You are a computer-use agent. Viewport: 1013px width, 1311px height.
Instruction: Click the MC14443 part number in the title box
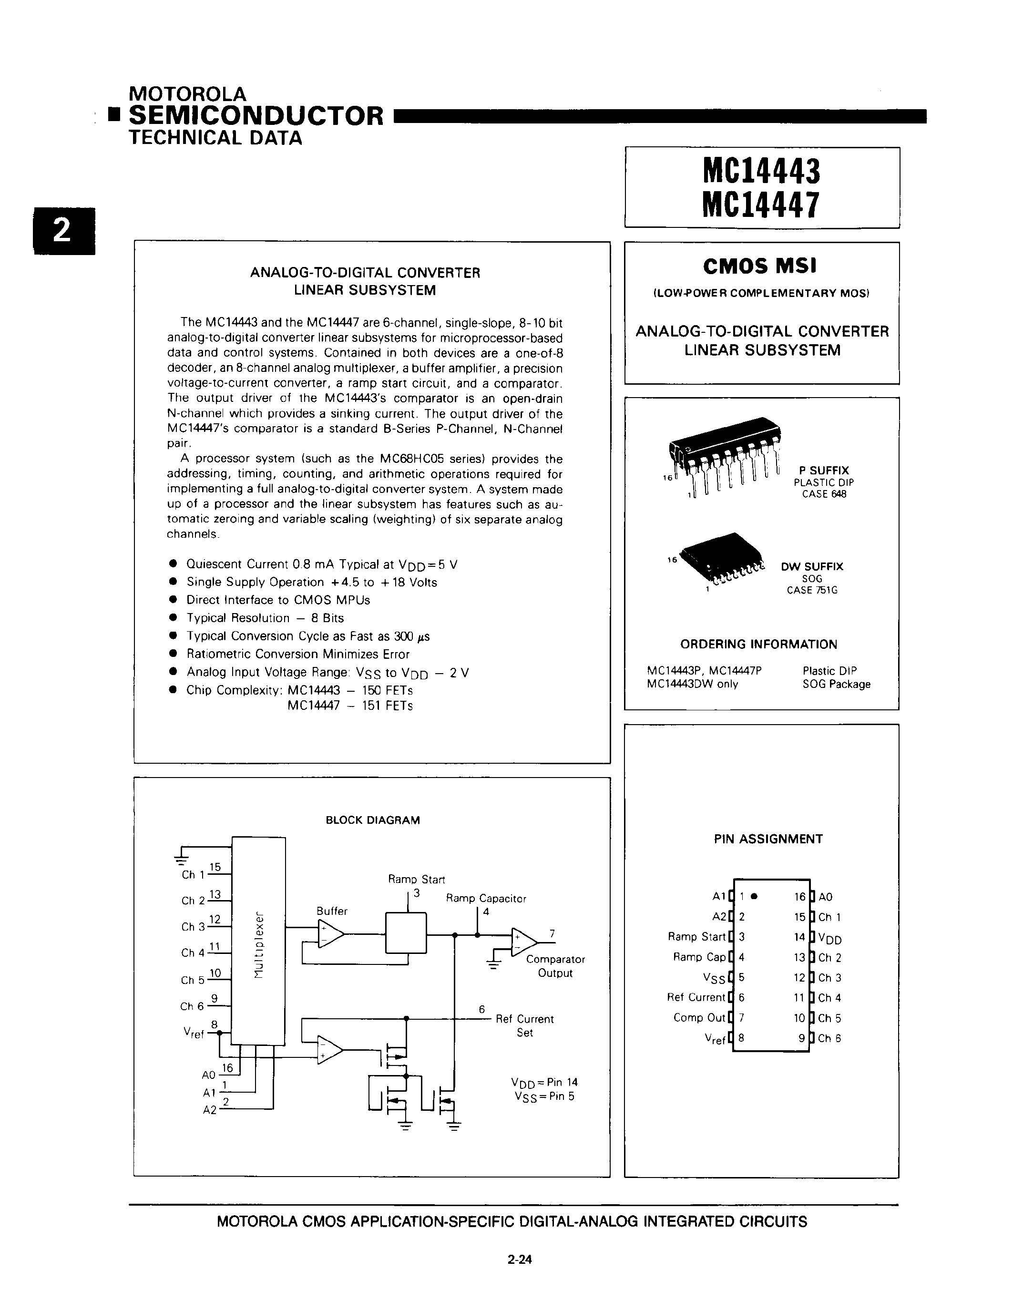pyautogui.click(x=761, y=172)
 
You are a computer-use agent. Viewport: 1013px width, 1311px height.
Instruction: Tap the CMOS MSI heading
pyautogui.click(x=760, y=266)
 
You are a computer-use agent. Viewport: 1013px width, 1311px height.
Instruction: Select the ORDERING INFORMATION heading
pyautogui.click(x=758, y=644)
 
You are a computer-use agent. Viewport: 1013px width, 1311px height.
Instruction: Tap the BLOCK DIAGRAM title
pyautogui.click(x=373, y=820)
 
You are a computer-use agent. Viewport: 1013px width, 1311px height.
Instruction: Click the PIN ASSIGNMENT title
pyautogui.click(x=768, y=839)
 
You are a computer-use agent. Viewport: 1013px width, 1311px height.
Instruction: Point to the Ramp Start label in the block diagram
pyautogui.click(x=417, y=880)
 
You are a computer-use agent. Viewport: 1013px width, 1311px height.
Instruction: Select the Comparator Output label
pyautogui.click(x=555, y=966)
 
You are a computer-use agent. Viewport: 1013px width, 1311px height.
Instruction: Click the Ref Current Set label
pyautogui.click(x=524, y=1025)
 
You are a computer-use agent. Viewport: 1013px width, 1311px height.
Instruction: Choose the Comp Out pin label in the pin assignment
pyautogui.click(x=699, y=1017)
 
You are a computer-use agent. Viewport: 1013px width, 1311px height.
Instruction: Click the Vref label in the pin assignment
pyautogui.click(x=716, y=1038)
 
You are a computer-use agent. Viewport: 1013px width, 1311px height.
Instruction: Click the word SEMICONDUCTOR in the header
pyautogui.click(x=256, y=115)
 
